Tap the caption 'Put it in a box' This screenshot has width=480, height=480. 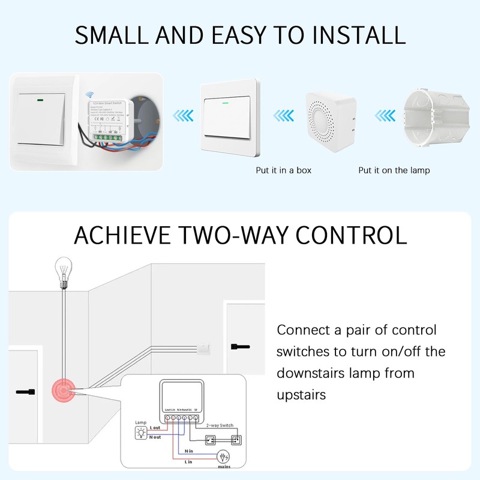[283, 170]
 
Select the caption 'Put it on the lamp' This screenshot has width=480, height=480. [394, 170]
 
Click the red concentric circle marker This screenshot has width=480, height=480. [62, 391]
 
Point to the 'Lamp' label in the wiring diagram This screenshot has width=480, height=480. [140, 422]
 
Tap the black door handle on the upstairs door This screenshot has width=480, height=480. [240, 346]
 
